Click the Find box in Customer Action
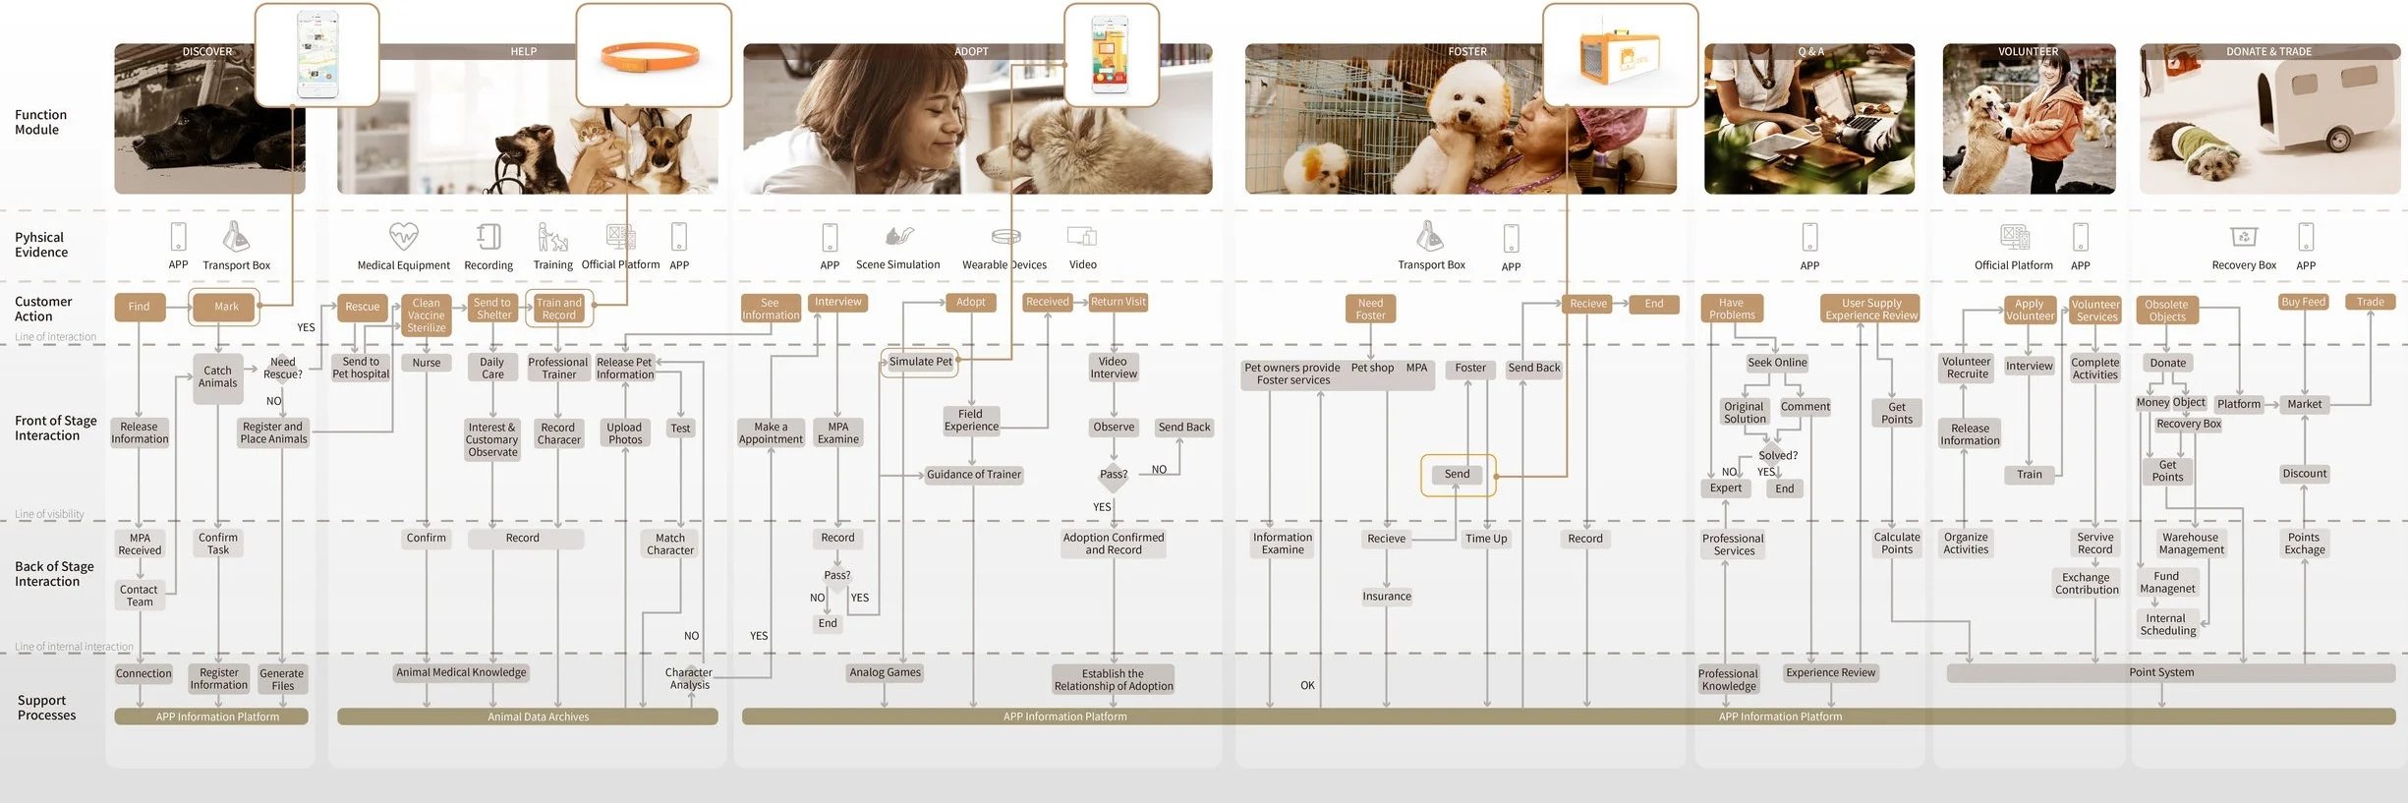pyautogui.click(x=140, y=307)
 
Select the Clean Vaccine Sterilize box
pyautogui.click(x=427, y=315)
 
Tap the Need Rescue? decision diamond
pyautogui.click(x=282, y=368)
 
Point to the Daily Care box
pyautogui.click(x=492, y=368)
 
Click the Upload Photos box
pyautogui.click(x=624, y=433)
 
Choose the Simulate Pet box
pyautogui.click(x=920, y=362)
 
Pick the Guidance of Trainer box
pyautogui.click(x=973, y=475)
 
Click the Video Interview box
pyautogui.click(x=1113, y=368)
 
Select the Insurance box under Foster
pyautogui.click(x=1387, y=597)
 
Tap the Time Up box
pyautogui.click(x=1486, y=539)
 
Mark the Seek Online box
pyautogui.click(x=1777, y=363)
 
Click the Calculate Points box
pyautogui.click(x=1896, y=544)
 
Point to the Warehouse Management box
pyautogui.click(x=2191, y=544)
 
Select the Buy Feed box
pyautogui.click(x=2303, y=303)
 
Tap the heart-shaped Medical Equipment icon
pyautogui.click(x=403, y=236)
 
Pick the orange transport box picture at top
pyautogui.click(x=1619, y=56)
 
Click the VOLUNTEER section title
pyautogui.click(x=2028, y=51)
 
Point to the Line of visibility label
pyautogui.click(x=49, y=514)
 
